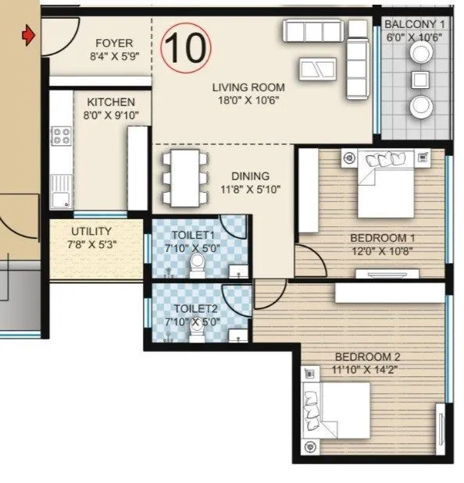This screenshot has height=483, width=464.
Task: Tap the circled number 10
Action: [187, 47]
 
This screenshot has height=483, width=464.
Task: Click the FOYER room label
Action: [114, 44]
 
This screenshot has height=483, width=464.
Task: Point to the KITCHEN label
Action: [110, 102]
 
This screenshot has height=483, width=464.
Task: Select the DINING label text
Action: [250, 176]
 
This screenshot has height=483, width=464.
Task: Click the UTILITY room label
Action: [91, 232]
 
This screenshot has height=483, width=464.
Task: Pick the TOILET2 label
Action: [196, 309]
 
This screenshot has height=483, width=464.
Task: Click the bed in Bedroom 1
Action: [386, 183]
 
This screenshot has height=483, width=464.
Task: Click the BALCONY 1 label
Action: [414, 25]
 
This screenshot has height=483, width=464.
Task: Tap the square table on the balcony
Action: [422, 79]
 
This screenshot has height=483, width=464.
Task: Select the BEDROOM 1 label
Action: [378, 238]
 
